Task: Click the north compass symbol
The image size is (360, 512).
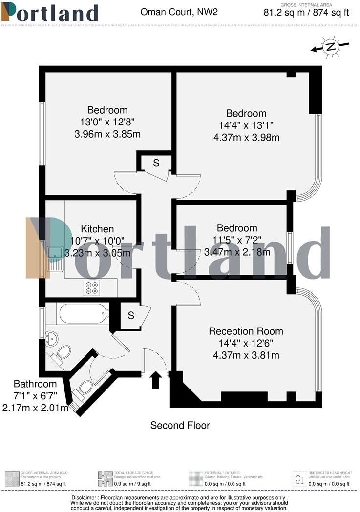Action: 331,47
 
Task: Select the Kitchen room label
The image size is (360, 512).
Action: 97,228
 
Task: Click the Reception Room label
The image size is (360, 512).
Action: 246,331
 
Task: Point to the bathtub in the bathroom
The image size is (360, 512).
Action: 84,313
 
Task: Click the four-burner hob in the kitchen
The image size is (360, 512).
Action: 91,288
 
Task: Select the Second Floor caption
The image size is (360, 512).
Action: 180,425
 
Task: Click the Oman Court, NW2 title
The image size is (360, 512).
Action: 178,12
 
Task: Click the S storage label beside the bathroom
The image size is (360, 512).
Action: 130,316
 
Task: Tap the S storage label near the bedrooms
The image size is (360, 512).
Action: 156,164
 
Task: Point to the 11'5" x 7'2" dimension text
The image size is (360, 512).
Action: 237,240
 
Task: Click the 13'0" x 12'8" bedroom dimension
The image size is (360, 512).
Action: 107,122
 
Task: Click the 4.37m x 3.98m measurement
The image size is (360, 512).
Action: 246,138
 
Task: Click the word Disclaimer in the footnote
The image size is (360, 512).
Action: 87,498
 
